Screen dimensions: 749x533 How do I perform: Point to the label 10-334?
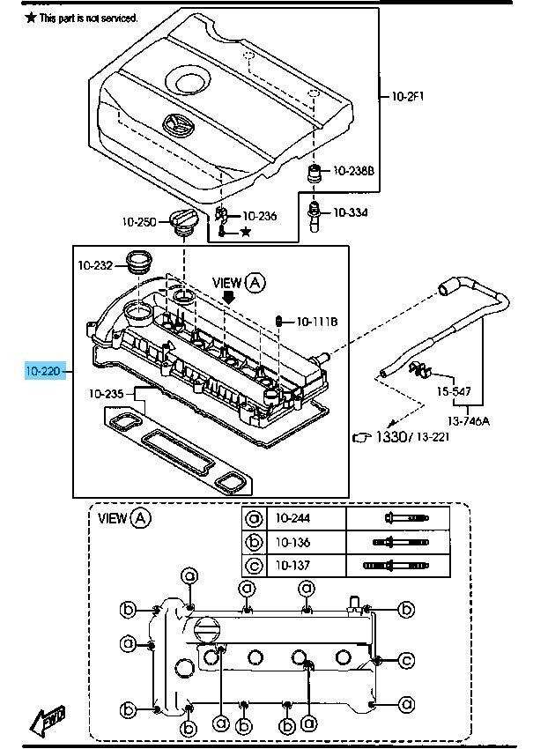pos(350,212)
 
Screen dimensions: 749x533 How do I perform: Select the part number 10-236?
pos(259,215)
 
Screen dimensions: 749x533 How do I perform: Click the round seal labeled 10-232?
pos(139,262)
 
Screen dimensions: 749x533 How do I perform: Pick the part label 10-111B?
pos(316,322)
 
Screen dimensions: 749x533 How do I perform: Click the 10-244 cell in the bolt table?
pos(292,518)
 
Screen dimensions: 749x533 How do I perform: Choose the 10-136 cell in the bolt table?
pos(292,541)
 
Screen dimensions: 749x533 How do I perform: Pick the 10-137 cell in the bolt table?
pos(292,564)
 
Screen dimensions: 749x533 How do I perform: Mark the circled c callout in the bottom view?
pos(406,660)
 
